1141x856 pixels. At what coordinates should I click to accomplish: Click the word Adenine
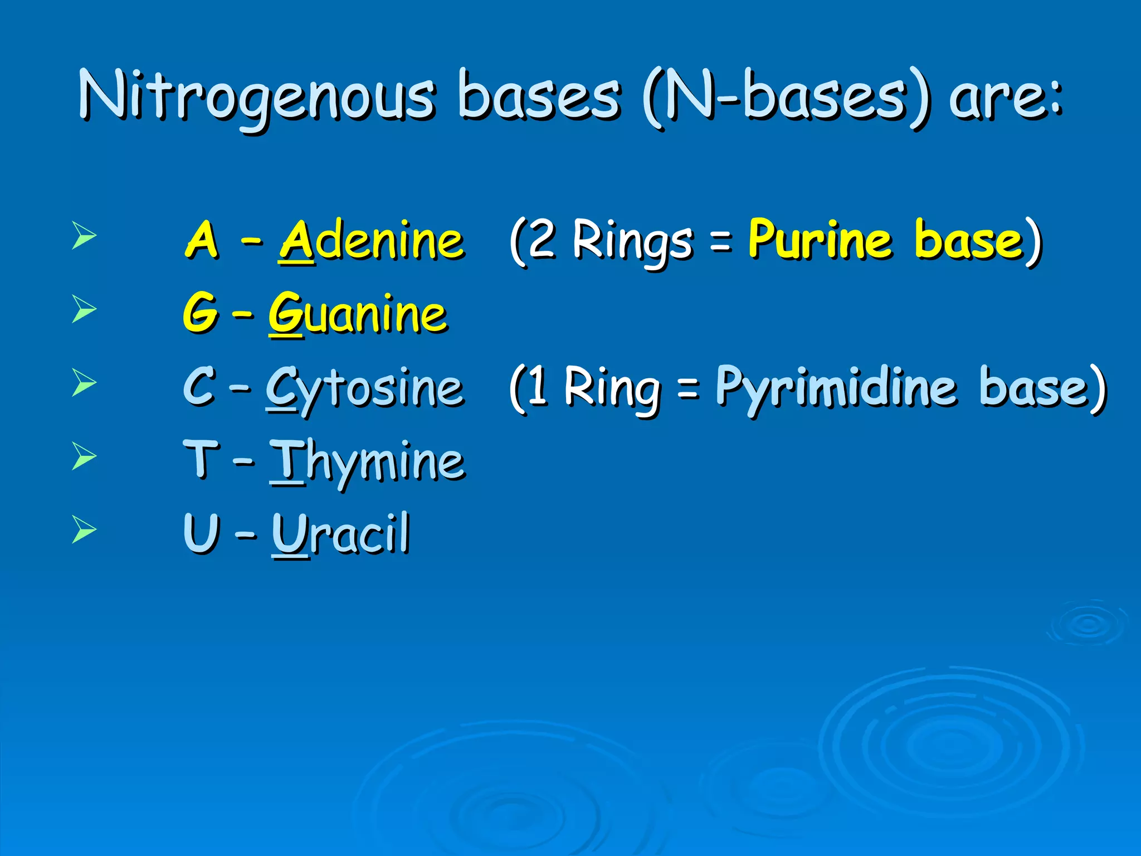372,241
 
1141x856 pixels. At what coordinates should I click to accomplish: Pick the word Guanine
358,314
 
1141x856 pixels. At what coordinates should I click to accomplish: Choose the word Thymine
367,461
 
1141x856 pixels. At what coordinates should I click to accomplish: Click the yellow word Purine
820,240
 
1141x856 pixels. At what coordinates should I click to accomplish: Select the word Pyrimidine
836,387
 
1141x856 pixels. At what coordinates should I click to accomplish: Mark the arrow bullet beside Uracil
84,529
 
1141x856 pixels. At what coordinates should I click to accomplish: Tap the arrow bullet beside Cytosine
84,383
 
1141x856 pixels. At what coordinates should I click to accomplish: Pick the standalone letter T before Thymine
201,459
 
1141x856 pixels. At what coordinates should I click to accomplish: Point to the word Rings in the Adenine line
632,241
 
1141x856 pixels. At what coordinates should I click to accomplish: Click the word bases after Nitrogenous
538,96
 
